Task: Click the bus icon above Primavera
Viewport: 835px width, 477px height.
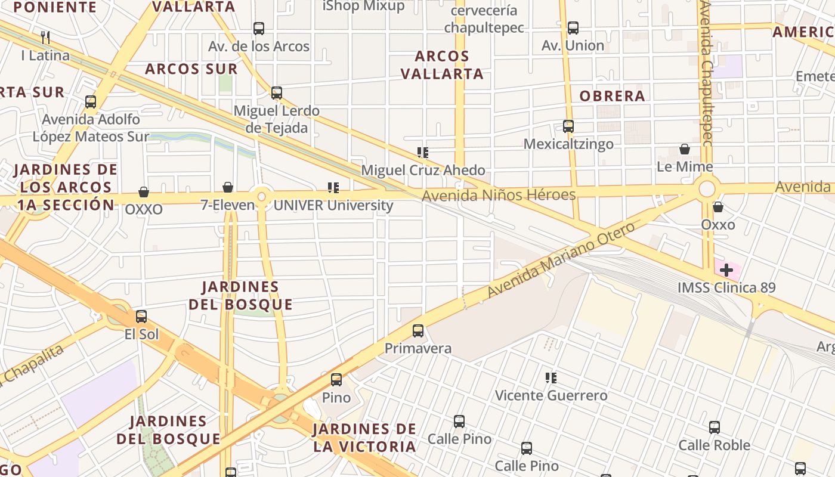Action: (418, 330)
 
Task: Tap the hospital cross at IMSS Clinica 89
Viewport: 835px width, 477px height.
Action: (726, 270)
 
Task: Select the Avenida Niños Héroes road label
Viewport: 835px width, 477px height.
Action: (499, 195)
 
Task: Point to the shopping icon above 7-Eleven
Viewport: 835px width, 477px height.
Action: (228, 187)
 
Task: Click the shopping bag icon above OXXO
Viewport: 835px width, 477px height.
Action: (144, 192)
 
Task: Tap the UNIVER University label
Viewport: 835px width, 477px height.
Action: (333, 206)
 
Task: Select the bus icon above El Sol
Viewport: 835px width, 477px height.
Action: (141, 317)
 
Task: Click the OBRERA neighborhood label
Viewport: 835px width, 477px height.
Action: (612, 96)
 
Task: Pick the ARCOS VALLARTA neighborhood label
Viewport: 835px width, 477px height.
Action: (441, 65)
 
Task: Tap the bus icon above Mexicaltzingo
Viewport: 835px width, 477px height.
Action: (568, 126)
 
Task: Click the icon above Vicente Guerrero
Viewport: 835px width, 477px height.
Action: (551, 377)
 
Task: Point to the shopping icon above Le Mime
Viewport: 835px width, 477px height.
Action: (685, 149)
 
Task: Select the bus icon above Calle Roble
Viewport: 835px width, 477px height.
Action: (715, 427)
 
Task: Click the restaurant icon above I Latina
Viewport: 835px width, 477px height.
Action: (45, 37)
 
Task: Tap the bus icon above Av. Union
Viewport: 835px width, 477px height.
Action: (573, 27)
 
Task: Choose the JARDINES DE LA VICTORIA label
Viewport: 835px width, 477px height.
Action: (364, 438)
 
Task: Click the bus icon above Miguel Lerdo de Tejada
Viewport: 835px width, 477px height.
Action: (277, 93)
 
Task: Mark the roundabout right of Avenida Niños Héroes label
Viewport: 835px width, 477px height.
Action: (707, 189)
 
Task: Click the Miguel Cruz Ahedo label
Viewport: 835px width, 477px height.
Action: (423, 170)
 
